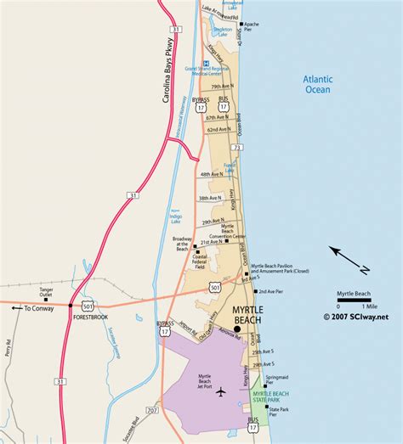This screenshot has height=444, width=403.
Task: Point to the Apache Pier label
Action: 253,26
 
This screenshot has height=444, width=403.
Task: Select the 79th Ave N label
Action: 224,87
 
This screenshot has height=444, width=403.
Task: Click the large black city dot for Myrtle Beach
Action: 237,329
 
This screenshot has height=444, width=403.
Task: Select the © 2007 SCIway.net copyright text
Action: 355,316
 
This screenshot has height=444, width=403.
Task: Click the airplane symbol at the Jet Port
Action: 222,391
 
